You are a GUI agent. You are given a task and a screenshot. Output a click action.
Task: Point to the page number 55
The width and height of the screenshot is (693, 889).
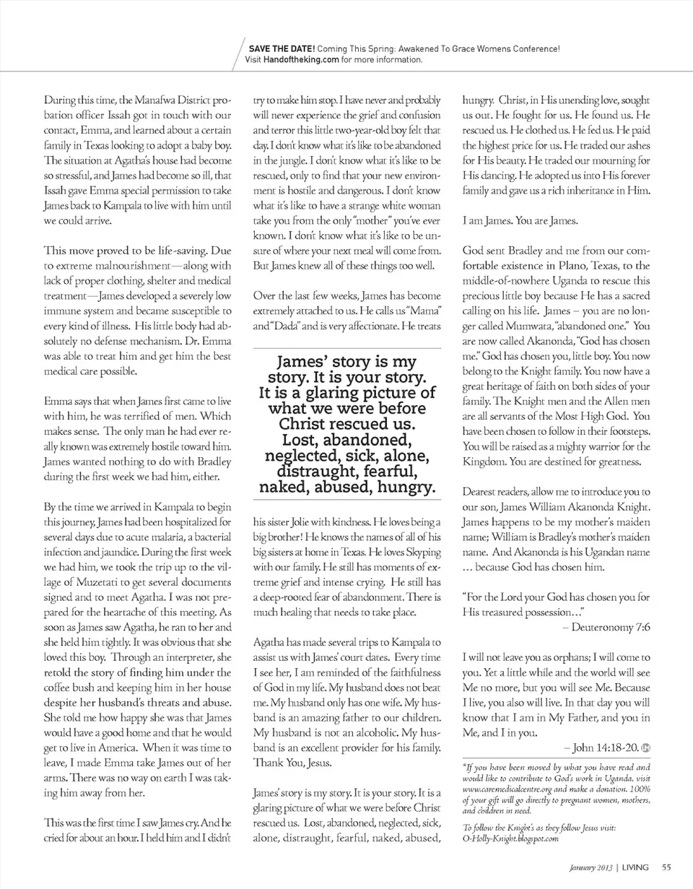666,867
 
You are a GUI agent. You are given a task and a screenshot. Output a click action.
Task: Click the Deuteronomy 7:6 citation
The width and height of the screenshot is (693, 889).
610,628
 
